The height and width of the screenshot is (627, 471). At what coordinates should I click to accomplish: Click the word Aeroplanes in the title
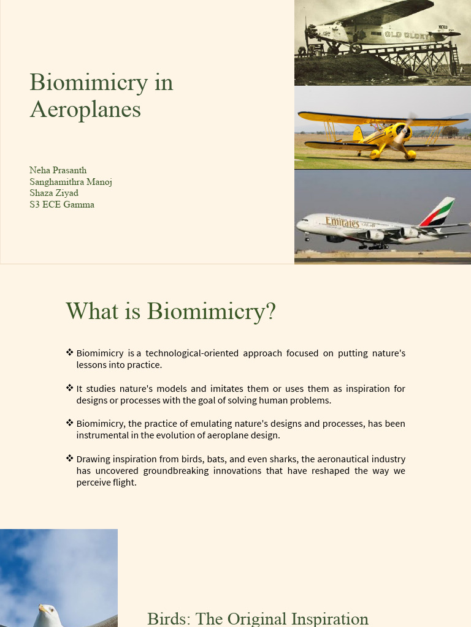click(x=85, y=110)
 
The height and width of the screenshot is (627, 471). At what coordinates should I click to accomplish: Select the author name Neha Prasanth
click(x=58, y=170)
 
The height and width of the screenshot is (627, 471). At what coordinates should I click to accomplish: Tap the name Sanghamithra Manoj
click(x=71, y=182)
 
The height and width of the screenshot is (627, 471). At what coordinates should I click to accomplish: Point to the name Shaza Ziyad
click(x=54, y=193)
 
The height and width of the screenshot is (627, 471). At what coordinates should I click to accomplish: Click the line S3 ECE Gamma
click(x=62, y=205)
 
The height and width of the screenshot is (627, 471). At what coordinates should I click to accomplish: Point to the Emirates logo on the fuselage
click(x=342, y=222)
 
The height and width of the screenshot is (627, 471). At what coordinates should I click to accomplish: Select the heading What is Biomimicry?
click(x=170, y=311)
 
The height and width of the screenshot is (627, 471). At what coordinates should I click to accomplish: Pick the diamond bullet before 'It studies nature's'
click(x=70, y=388)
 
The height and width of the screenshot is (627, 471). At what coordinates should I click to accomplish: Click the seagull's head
click(x=46, y=611)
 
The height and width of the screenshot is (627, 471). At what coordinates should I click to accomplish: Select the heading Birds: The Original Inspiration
click(x=258, y=618)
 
